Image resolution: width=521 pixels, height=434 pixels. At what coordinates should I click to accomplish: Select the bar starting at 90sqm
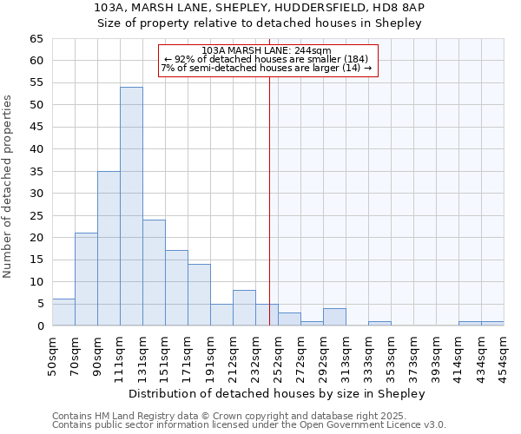(109, 248)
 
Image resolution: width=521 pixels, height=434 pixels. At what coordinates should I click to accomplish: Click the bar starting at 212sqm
(244, 308)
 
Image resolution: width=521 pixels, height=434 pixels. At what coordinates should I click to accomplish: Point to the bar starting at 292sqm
(334, 317)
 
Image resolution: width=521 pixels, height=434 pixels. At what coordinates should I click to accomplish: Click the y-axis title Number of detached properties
(9, 187)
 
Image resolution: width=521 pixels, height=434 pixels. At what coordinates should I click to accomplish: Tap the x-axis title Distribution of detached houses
(277, 394)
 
